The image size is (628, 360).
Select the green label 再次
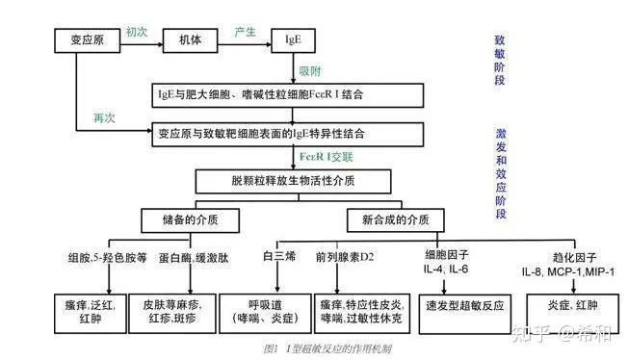[x=105, y=117]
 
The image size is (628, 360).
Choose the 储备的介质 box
[x=191, y=220]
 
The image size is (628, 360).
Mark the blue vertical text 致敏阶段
[x=500, y=64]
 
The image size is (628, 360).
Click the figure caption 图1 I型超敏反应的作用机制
[x=314, y=348]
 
